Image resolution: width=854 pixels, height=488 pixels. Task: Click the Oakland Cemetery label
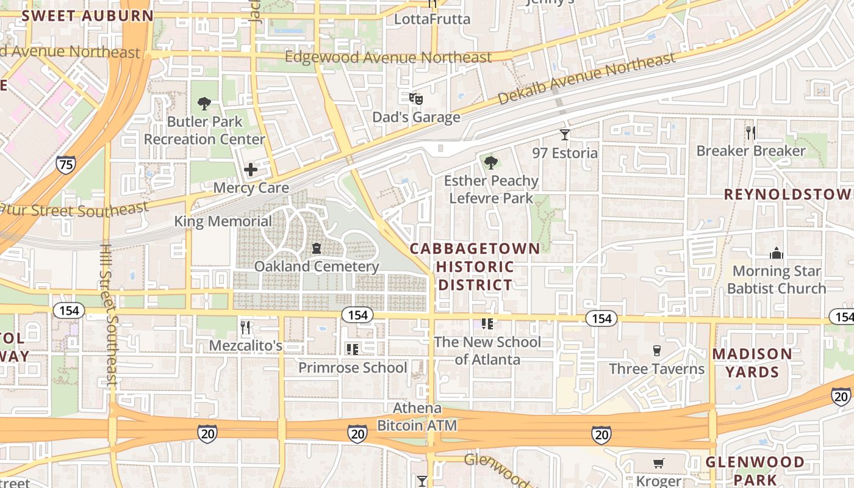click(317, 267)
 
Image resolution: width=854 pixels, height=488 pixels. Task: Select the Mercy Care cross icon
click(251, 170)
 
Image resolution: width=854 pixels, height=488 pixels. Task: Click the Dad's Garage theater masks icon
click(415, 98)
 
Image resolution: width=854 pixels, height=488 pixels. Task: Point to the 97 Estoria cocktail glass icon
click(565, 134)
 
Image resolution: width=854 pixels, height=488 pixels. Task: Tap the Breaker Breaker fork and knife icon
click(751, 132)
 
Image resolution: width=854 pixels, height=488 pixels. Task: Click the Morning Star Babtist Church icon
click(776, 253)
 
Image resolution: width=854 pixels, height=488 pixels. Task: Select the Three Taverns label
click(656, 368)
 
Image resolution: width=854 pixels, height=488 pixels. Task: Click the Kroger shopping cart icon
click(658, 464)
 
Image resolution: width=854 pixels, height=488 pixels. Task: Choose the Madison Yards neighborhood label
click(752, 363)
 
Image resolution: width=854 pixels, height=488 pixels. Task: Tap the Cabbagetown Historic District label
click(475, 267)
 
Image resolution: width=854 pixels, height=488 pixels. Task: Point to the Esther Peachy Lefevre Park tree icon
click(491, 163)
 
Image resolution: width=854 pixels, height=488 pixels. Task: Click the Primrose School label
click(353, 368)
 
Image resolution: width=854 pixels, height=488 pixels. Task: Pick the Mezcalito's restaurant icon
click(245, 328)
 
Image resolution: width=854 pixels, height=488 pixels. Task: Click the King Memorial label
click(223, 221)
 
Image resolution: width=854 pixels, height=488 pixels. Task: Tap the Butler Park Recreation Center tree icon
click(204, 104)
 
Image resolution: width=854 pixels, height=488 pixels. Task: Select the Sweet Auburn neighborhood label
click(87, 16)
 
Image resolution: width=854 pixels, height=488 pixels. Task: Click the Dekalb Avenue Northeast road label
click(586, 77)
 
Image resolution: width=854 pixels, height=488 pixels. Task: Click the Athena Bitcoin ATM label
click(417, 417)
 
